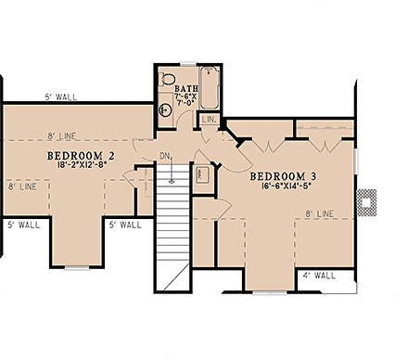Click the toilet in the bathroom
pos(167,79)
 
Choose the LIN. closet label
pos(210,119)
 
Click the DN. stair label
pos(165,156)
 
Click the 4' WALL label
pos(317,276)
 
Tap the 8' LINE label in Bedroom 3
pos(318,214)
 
